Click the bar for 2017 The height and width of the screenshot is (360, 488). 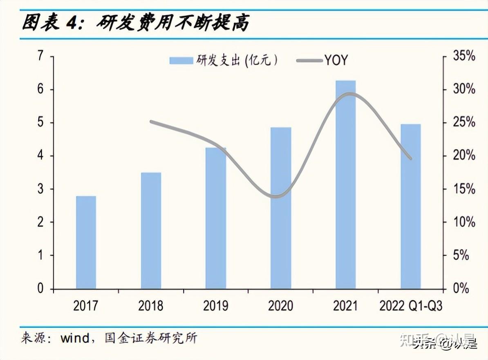tap(86, 242)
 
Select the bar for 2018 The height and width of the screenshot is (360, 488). tap(151, 230)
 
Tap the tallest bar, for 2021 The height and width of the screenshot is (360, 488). tap(345, 184)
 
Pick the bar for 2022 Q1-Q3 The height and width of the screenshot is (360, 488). tap(410, 206)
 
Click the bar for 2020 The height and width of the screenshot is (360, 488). tap(281, 208)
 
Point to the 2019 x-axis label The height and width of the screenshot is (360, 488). tap(215, 306)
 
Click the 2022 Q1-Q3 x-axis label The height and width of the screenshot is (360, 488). tap(411, 306)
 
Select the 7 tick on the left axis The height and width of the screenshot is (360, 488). tap(40, 56)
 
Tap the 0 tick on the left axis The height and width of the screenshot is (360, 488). tap(40, 288)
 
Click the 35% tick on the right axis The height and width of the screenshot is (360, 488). tap(464, 56)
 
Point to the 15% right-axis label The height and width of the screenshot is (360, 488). tap(464, 189)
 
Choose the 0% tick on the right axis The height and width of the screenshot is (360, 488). tap(464, 288)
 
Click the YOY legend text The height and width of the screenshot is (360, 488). tap(336, 61)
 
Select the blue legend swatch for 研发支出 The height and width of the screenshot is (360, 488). tap(181, 61)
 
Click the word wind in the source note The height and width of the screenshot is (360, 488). tap(75, 338)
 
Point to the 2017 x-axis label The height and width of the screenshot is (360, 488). tap(86, 306)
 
